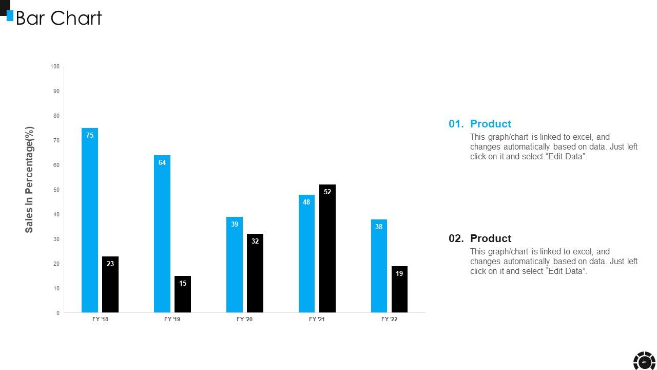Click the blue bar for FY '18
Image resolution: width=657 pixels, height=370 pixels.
tap(90, 221)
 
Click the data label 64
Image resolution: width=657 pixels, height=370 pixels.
tap(162, 163)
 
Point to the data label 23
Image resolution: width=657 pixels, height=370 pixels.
tap(110, 264)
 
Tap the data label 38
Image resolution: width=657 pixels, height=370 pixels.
tap(379, 227)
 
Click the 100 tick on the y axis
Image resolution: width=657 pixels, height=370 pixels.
tap(55, 67)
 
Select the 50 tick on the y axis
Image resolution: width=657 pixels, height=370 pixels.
tap(56, 190)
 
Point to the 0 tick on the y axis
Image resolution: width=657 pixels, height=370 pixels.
tap(58, 313)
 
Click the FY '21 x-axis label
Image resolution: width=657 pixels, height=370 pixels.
tap(317, 320)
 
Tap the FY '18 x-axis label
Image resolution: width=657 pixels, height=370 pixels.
tap(100, 320)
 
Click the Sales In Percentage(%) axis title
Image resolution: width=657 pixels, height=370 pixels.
tap(29, 179)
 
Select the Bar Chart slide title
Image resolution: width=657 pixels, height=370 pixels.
tap(59, 18)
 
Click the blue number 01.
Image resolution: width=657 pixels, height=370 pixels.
tap(456, 124)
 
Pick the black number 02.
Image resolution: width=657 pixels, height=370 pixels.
tap(456, 238)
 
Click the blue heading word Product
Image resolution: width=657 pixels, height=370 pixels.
tap(491, 124)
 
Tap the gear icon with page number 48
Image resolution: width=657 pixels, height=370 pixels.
tap(644, 362)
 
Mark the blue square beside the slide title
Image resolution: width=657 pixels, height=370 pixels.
tap(10, 15)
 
